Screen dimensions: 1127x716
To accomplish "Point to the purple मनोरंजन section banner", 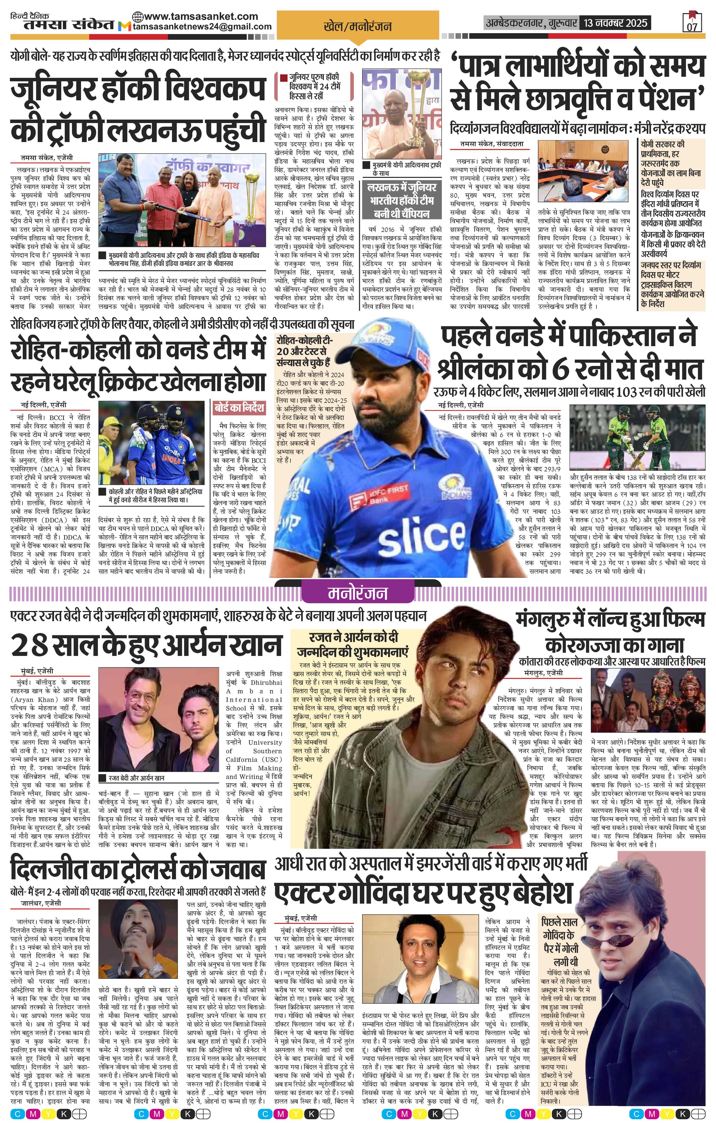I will (358, 593).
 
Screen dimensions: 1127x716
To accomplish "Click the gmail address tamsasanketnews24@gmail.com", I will (202, 27).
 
